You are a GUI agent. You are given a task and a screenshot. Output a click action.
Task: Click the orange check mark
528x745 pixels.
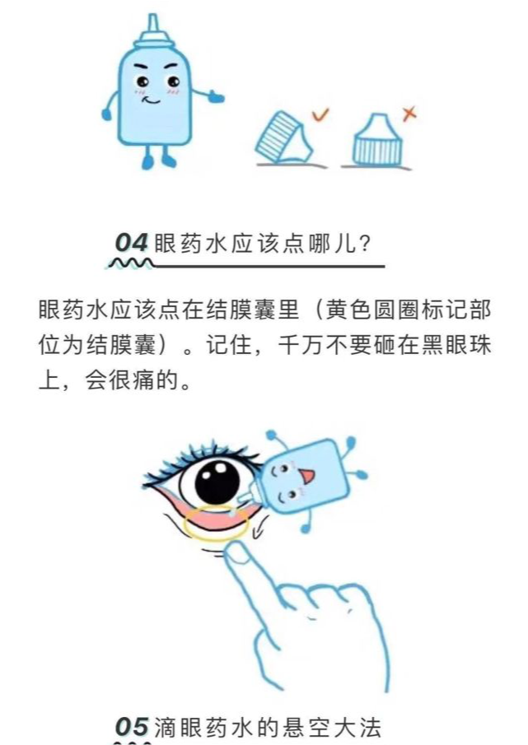[322, 117]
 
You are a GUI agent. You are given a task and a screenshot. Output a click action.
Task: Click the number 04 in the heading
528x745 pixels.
[131, 243]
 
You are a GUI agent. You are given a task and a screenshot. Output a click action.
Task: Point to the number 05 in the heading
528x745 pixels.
[132, 727]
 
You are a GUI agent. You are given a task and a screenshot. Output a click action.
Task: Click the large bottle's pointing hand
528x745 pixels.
[215, 97]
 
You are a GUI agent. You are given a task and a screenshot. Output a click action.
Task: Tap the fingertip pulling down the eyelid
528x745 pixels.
[240, 556]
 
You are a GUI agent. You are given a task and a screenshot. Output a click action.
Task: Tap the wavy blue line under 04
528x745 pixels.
[128, 263]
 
